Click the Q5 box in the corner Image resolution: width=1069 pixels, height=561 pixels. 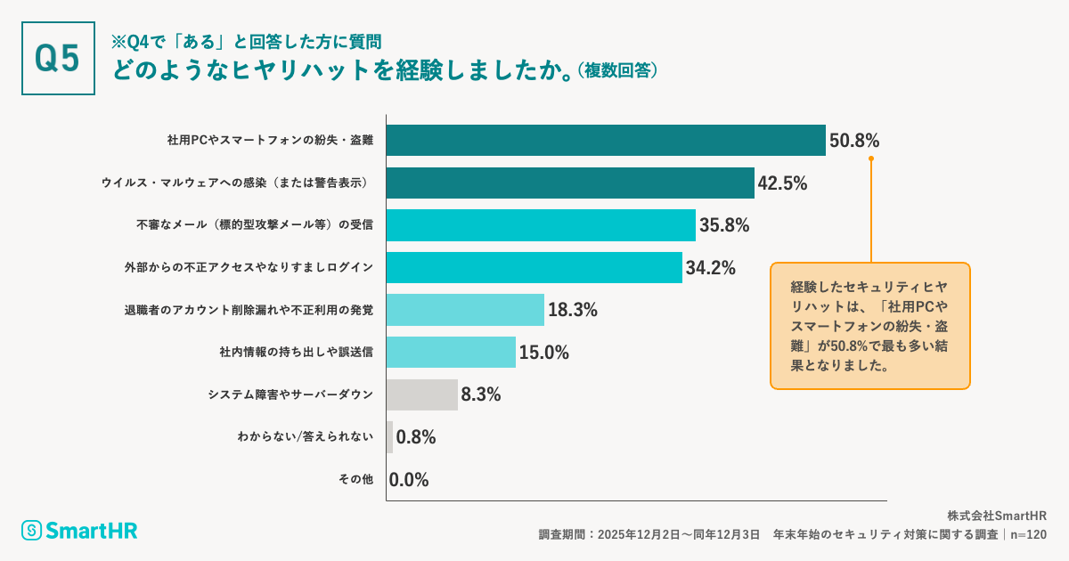coord(58,58)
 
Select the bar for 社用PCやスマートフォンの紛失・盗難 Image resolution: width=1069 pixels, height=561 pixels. coord(606,141)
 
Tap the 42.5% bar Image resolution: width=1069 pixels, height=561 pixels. coord(570,183)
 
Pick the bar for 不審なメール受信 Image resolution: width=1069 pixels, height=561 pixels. coord(541,225)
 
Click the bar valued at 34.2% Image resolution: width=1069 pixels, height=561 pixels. coord(534,267)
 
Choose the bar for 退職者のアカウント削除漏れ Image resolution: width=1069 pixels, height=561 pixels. coord(465,310)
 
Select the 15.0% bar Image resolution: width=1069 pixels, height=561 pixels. coord(451,352)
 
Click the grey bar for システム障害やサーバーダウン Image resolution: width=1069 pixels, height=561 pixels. coord(422,394)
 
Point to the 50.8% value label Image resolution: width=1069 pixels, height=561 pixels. coord(854,141)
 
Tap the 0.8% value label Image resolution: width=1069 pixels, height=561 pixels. coord(415,437)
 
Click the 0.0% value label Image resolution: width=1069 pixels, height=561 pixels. coord(409,480)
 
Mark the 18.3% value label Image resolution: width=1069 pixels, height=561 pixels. coord(572,310)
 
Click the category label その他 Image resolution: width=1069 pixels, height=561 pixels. coord(355,480)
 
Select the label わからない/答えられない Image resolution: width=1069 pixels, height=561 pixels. coord(305,437)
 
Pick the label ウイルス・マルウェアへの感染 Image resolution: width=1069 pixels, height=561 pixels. coord(237,183)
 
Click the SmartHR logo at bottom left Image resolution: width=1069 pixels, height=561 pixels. coord(80,531)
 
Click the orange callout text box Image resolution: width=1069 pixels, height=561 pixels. coord(869,326)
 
